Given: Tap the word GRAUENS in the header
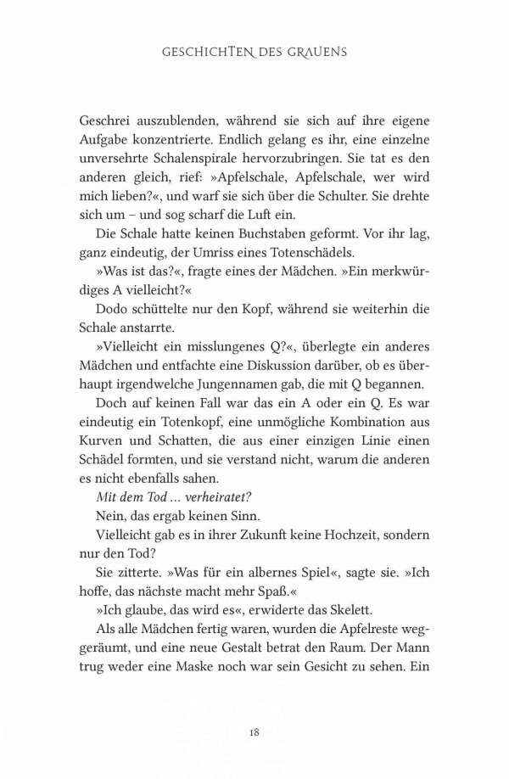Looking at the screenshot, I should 319,53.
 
